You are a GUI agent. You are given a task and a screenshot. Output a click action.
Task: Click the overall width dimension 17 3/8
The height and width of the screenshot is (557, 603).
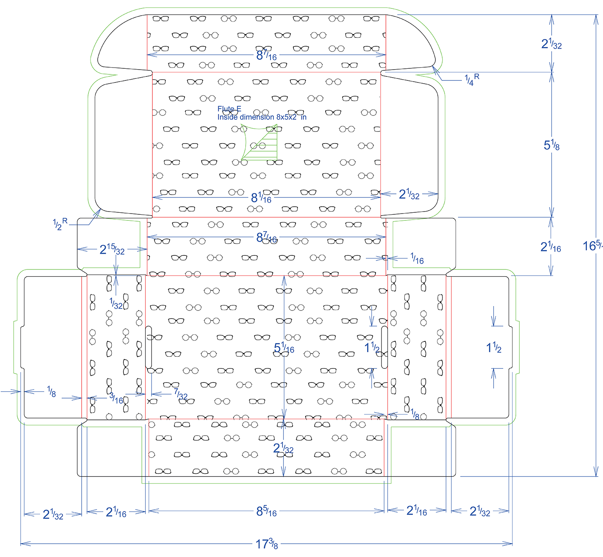click(x=267, y=544)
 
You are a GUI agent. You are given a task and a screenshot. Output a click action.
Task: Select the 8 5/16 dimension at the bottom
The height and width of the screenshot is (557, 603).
click(x=266, y=511)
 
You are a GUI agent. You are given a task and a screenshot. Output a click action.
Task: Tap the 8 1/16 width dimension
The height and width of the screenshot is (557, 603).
click(x=261, y=197)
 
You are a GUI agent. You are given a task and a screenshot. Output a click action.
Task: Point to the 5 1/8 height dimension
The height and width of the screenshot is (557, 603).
click(x=552, y=145)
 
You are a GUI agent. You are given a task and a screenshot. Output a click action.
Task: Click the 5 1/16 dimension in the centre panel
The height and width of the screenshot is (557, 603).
click(x=284, y=348)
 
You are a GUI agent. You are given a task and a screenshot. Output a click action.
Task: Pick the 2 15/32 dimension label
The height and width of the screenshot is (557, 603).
click(x=112, y=250)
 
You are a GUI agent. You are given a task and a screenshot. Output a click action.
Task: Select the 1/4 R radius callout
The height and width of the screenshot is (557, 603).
click(x=472, y=80)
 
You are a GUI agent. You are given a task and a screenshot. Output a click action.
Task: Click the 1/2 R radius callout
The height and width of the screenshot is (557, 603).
click(x=60, y=224)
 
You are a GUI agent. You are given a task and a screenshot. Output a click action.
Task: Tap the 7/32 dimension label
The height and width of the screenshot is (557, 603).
click(x=180, y=394)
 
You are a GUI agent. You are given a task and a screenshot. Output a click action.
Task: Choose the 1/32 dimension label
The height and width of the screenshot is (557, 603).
click(x=116, y=303)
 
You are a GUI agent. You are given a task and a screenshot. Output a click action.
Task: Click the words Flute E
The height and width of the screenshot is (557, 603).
click(x=229, y=109)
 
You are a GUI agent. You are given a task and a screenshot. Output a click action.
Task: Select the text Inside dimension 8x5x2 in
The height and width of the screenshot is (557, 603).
click(x=262, y=117)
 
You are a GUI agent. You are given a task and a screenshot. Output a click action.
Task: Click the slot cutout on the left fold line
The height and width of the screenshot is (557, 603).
click(x=148, y=347)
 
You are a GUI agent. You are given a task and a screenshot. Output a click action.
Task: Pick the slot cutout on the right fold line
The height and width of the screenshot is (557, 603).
click(x=384, y=347)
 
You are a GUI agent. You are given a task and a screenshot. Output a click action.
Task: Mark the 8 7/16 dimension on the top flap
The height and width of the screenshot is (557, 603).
click(x=266, y=55)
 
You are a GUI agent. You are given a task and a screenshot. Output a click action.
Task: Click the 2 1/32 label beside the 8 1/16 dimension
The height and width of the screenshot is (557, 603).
click(x=409, y=195)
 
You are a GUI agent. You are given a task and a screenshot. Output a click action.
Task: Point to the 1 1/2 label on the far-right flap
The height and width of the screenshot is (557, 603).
click(x=494, y=347)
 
